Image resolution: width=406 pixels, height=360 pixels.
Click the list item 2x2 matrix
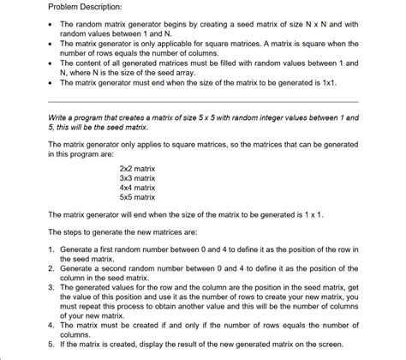137,170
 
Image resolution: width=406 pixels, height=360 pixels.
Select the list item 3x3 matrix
137,178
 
